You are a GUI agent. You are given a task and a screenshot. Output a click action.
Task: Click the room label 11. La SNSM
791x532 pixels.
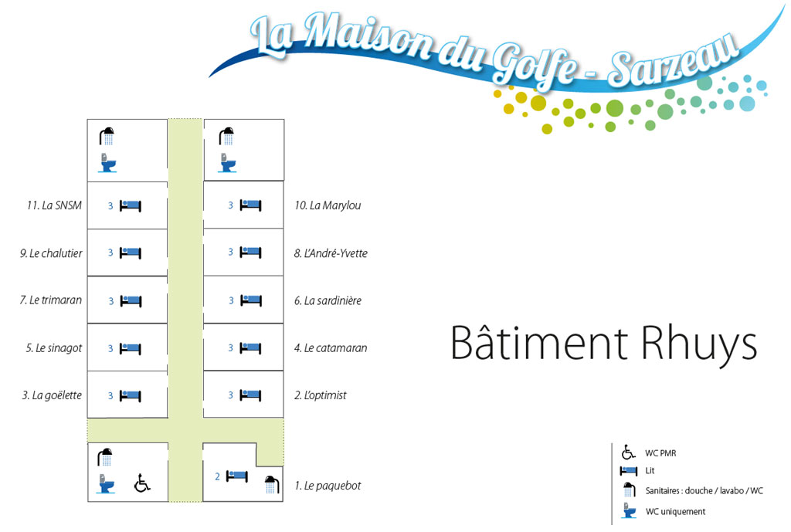coord(54,205)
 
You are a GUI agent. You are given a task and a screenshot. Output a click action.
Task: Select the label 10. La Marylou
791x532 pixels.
coord(328,205)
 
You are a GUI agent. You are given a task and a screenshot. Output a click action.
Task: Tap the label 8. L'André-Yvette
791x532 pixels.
coord(331,252)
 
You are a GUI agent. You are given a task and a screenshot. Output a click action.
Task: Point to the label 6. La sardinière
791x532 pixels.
coord(328,300)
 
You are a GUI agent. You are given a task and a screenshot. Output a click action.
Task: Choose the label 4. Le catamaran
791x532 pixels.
coord(331,347)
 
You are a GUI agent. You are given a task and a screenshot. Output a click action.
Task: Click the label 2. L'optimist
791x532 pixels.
coord(321,395)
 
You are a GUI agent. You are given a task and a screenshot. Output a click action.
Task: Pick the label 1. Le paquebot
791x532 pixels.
coord(328,486)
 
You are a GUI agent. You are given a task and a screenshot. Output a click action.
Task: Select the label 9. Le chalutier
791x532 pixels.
coord(51,252)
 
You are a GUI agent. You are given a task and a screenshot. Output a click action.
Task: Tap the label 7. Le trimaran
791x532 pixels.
coord(51,300)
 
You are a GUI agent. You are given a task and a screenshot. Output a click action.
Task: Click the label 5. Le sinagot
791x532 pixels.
coord(54,347)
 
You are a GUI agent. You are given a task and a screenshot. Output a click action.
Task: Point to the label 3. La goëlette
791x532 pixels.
coord(52,395)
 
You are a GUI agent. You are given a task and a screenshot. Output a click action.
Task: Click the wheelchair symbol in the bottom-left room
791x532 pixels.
coord(142,483)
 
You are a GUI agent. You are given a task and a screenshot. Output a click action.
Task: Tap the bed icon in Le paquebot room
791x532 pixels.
coord(236,476)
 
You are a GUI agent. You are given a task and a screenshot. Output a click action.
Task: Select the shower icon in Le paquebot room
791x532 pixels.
coord(271,484)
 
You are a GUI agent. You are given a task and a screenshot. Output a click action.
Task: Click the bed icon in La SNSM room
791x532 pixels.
coord(131,205)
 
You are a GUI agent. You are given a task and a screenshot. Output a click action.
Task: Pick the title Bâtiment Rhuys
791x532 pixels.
coord(603,343)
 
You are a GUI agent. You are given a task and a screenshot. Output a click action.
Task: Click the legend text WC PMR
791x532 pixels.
coord(660,452)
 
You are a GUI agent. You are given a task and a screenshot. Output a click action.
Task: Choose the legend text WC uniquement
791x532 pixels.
coord(675,511)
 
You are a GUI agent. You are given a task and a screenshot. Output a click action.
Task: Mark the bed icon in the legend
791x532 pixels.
coord(630,471)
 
